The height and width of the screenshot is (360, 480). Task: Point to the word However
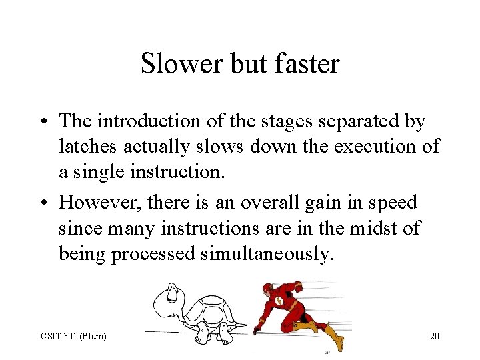click(100, 203)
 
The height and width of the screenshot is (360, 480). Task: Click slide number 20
click(434, 336)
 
